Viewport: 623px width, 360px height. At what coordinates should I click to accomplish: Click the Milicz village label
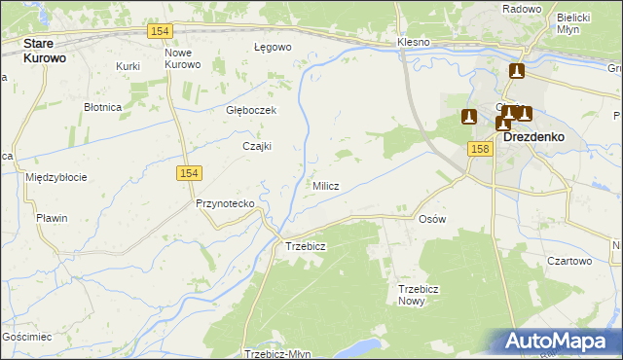[x=325, y=186]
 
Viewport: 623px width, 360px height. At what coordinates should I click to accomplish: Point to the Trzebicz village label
[x=305, y=246]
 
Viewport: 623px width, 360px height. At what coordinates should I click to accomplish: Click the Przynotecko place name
[x=225, y=203]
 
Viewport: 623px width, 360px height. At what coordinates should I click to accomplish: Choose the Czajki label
[x=256, y=146]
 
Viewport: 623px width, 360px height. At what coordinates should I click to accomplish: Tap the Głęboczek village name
[x=251, y=110]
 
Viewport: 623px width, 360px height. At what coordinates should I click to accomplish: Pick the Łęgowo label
[x=273, y=47]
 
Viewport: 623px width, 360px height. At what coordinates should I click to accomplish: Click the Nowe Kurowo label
[x=182, y=58]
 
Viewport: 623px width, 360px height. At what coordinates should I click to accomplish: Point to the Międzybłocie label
[x=56, y=177]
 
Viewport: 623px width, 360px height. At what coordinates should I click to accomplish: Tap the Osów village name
[x=431, y=219]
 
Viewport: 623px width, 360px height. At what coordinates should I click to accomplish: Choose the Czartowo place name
[x=569, y=261]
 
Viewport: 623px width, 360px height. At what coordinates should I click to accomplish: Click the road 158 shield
[x=478, y=148]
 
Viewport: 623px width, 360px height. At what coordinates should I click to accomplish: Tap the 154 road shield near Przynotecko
[x=189, y=172]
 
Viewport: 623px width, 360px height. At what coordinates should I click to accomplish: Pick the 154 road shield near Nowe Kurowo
[x=162, y=32]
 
